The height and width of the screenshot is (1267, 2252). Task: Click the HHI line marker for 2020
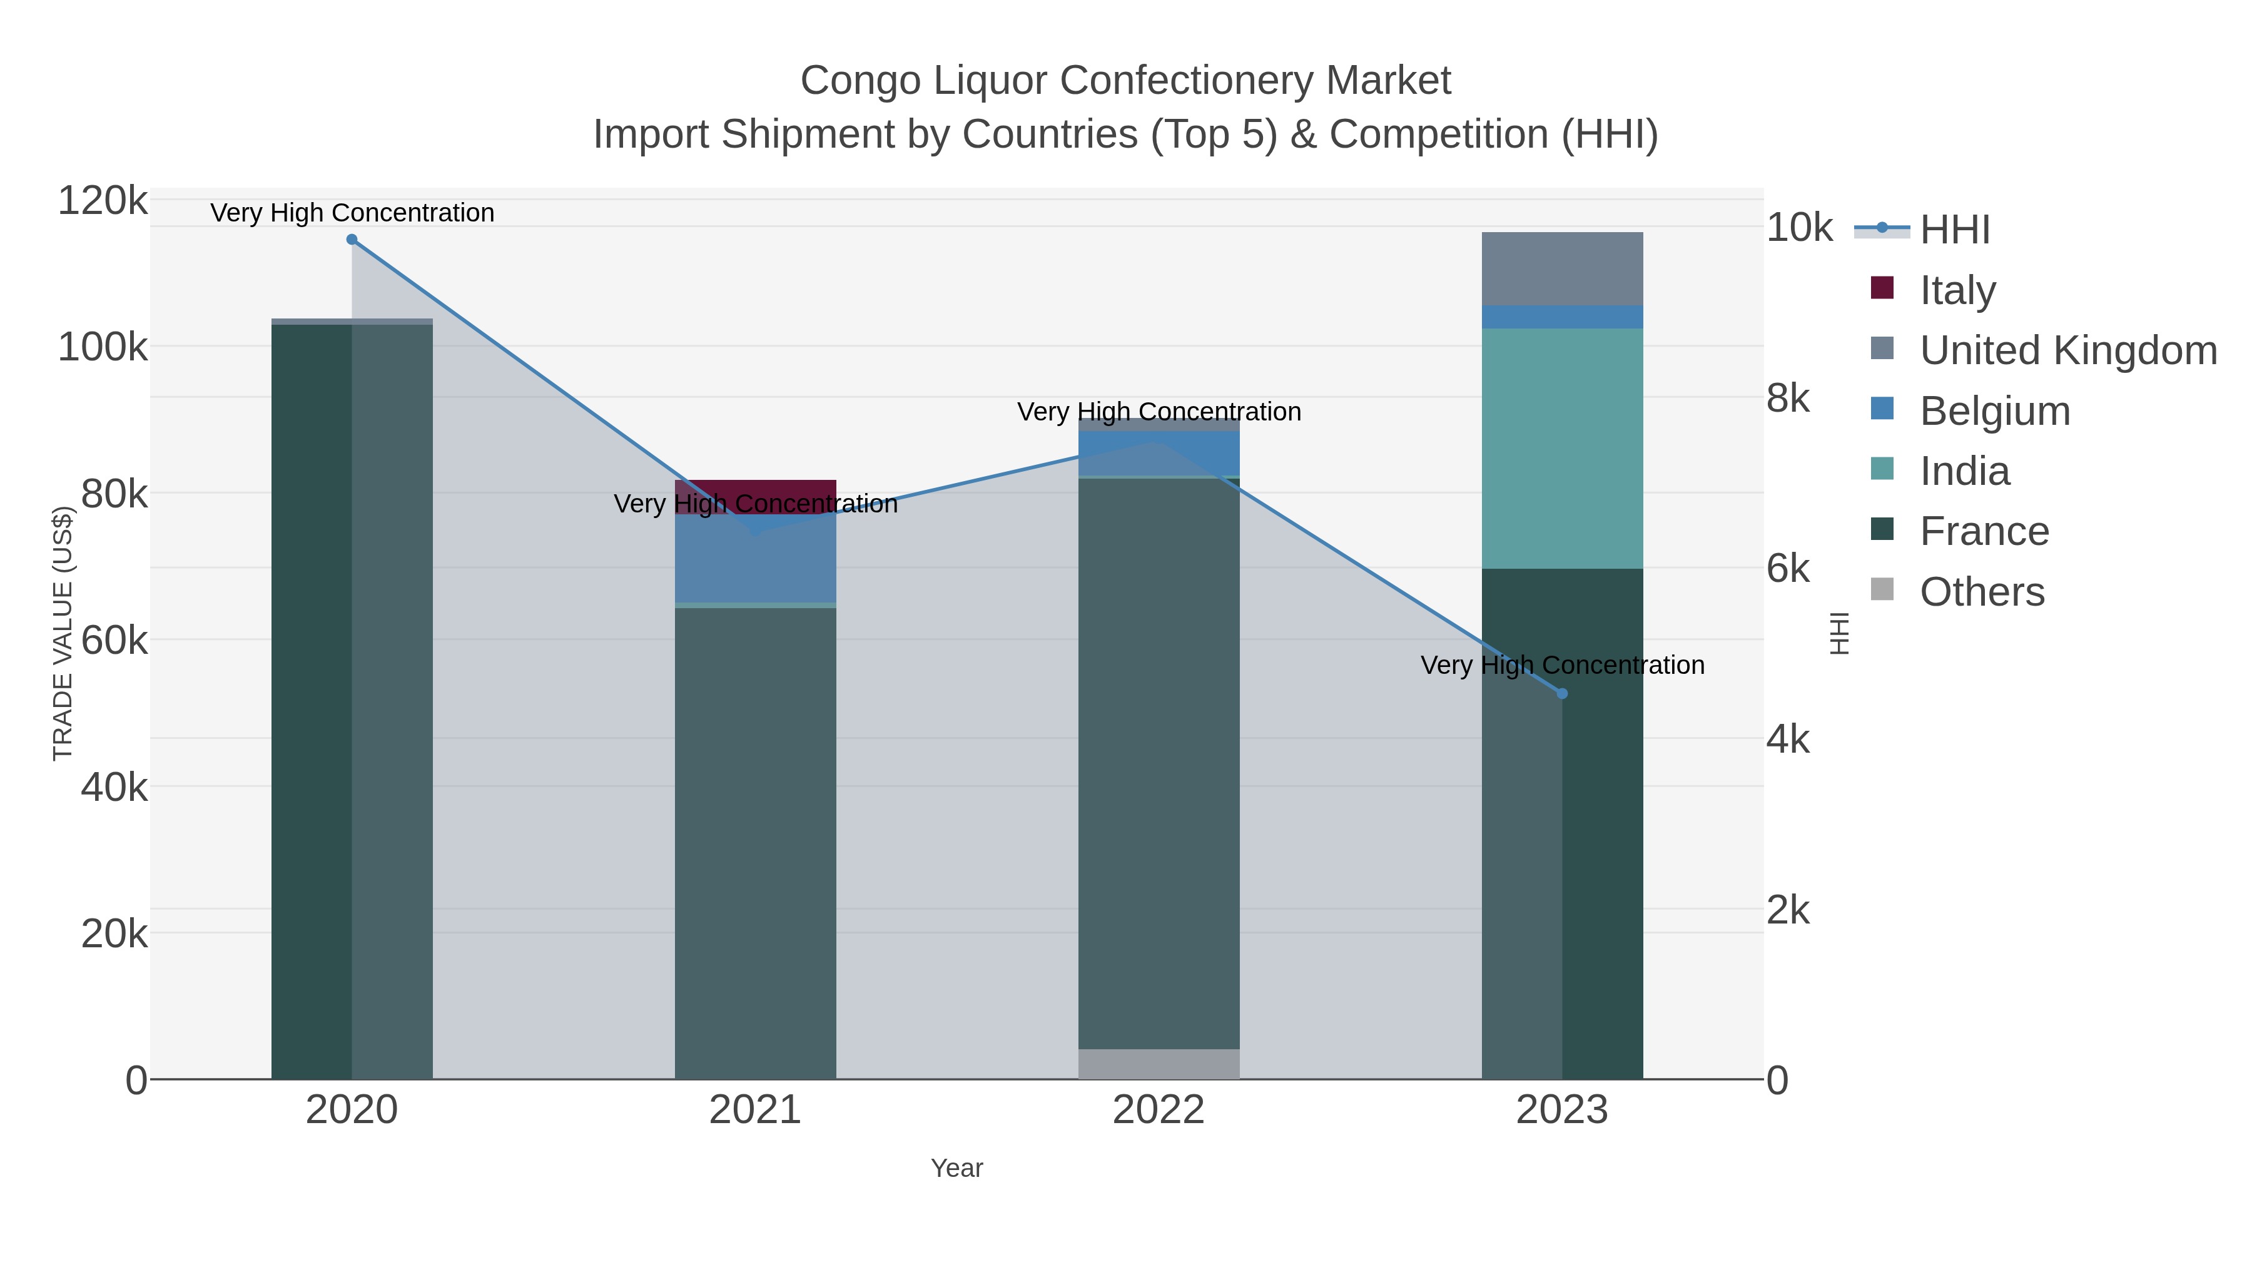pos(352,240)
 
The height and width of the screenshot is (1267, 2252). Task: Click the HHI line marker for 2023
pos(1562,693)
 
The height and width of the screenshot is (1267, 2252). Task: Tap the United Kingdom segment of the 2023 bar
pos(1562,268)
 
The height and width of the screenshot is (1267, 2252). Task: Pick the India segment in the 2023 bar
pos(1562,449)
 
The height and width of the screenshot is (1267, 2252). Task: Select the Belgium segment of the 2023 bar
pos(1562,317)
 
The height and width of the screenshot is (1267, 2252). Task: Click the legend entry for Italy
pos(1957,290)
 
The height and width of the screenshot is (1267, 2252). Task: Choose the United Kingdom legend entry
pos(2067,350)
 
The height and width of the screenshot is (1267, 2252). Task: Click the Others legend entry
pos(1982,591)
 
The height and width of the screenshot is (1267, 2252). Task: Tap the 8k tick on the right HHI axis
pos(1788,398)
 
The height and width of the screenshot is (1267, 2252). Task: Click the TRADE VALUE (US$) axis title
pos(63,633)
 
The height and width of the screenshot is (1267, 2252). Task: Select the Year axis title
pos(956,1168)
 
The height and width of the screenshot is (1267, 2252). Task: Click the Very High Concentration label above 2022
pos(1159,411)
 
